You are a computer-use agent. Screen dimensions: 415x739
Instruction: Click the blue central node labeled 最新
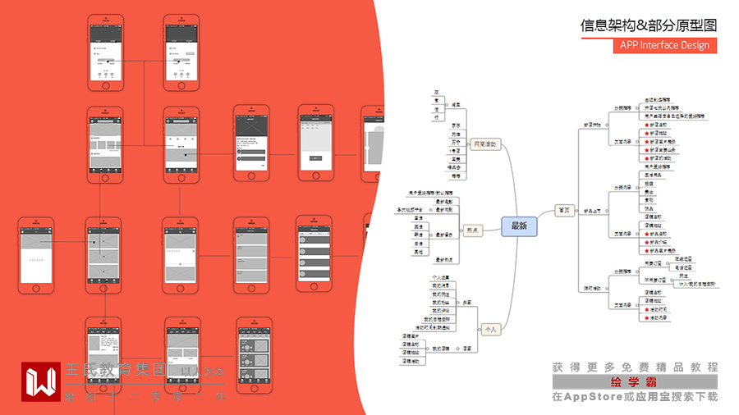pyautogui.click(x=518, y=226)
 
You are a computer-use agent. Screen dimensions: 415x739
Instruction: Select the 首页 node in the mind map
pyautogui.click(x=563, y=209)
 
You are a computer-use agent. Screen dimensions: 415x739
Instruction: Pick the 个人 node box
pyautogui.click(x=490, y=329)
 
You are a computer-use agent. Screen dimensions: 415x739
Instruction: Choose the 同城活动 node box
pyautogui.click(x=484, y=144)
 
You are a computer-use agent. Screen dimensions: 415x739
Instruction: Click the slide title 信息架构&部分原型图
pyautogui.click(x=649, y=25)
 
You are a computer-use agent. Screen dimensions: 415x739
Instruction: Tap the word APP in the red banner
pyautogui.click(x=630, y=45)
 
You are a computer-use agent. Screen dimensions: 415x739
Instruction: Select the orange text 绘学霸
pyautogui.click(x=635, y=382)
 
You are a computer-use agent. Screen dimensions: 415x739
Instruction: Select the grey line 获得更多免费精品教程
pyautogui.click(x=635, y=367)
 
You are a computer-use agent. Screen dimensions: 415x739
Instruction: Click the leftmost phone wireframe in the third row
pyautogui.click(x=36, y=255)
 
